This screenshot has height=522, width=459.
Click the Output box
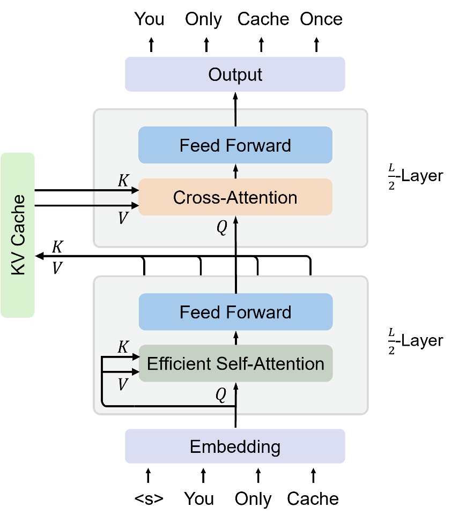coord(235,74)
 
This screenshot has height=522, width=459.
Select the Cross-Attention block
coord(235,197)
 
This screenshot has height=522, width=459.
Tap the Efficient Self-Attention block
coord(235,364)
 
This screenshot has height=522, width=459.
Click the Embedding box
coord(235,446)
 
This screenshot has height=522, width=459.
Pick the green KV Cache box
coord(18,235)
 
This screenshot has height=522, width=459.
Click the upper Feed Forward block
coord(235,145)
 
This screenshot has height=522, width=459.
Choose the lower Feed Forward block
coord(235,312)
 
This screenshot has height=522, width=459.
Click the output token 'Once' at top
coord(321,20)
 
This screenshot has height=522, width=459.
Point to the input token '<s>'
coord(149,498)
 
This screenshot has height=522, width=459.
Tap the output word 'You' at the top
coord(150,20)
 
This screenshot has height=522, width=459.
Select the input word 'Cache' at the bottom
coord(313,498)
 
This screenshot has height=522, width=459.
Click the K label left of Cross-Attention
coord(123,181)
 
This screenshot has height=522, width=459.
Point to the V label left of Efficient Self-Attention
coord(123,384)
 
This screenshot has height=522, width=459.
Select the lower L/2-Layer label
coord(415,340)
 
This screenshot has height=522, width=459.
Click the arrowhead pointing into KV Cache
coord(39,257)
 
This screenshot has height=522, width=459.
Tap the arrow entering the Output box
coord(235,96)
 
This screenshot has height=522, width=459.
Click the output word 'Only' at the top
coord(203,20)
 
